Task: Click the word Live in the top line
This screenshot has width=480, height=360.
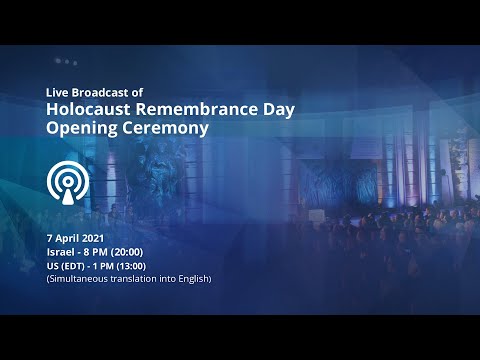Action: (57, 92)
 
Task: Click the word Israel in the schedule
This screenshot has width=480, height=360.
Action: (60, 252)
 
